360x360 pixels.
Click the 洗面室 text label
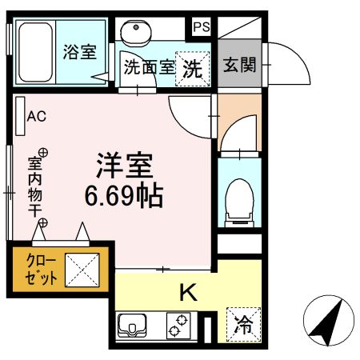148,68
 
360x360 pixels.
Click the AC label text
37,117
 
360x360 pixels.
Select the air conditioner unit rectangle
18,117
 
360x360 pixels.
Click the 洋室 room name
125,166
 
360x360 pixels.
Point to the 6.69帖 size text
125,195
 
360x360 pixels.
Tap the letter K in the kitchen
186,294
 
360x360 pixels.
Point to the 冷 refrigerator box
243,324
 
